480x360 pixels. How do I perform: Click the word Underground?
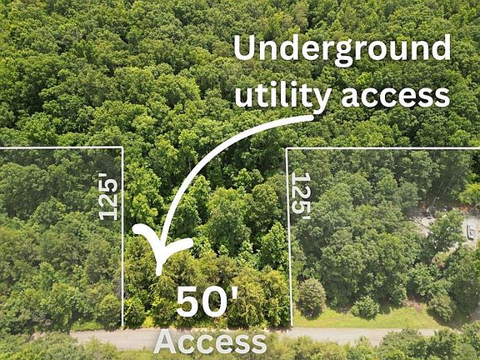(x=342, y=50)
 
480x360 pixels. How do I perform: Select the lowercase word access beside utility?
(x=396, y=97)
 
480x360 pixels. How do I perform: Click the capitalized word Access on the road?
(x=210, y=342)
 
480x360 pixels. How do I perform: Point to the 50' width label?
(x=207, y=302)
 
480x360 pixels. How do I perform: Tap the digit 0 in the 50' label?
(x=215, y=302)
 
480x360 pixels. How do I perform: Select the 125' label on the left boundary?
(x=107, y=197)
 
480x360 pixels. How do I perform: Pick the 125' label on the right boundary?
(x=301, y=196)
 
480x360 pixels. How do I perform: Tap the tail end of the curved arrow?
(x=312, y=117)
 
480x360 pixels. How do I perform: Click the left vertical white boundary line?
(x=122, y=237)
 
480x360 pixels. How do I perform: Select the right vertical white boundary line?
(x=289, y=237)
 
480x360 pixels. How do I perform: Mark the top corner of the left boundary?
(x=122, y=147)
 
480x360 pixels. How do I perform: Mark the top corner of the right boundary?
(x=287, y=148)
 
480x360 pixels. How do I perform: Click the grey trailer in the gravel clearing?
(x=471, y=232)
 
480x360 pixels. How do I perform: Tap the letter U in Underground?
(x=244, y=47)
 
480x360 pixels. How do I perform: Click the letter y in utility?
(x=321, y=99)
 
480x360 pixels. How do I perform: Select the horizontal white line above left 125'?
(x=61, y=148)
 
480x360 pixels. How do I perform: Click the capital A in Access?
(x=166, y=342)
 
